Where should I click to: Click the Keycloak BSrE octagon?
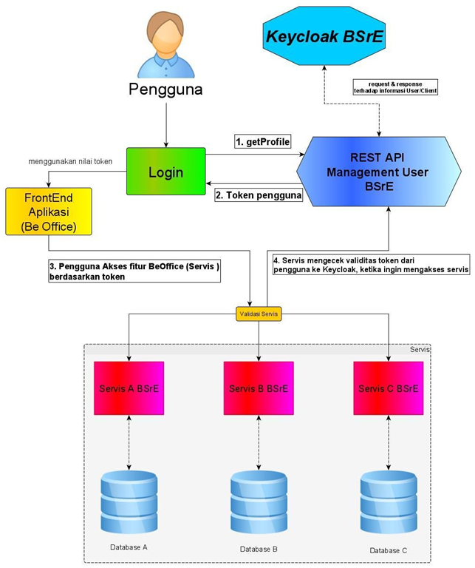coord(324,35)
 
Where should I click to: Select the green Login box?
coord(165,172)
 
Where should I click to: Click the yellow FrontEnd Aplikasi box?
coord(49,212)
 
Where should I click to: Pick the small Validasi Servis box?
coord(259,314)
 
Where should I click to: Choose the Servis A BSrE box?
coord(129,388)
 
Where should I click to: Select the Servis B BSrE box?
coord(259,388)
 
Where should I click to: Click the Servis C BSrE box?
coord(389,388)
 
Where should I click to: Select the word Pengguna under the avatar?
coord(165,90)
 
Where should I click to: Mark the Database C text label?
coord(389,550)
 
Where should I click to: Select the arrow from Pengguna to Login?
coord(165,124)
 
